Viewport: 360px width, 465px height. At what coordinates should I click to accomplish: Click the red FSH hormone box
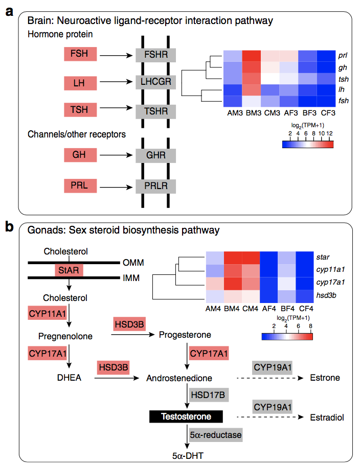tap(79, 54)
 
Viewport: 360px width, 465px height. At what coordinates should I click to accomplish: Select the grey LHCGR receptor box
tap(155, 81)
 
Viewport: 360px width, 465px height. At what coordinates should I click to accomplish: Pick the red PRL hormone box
tap(79, 185)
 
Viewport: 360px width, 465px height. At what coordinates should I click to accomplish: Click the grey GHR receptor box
tap(155, 155)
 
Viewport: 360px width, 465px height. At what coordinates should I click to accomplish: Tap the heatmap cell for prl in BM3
tap(250, 55)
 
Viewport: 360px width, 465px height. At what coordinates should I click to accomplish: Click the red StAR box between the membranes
tap(69, 270)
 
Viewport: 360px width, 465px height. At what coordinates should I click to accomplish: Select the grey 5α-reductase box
tap(215, 435)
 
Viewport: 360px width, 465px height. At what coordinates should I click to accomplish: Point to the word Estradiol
tap(327, 417)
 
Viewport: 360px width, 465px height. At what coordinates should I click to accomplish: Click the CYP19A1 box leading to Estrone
tap(273, 367)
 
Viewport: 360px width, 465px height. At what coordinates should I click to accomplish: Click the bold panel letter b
tap(9, 225)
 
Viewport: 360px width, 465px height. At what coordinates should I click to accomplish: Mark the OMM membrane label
tap(132, 262)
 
